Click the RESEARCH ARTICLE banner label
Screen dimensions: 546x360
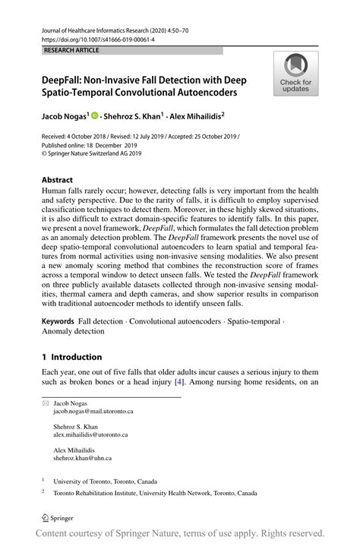point(72,50)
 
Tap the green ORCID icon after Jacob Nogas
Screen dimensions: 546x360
point(96,117)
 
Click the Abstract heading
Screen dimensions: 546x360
point(58,181)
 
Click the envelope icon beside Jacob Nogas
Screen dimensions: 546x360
point(44,403)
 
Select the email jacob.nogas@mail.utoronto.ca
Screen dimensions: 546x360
point(93,411)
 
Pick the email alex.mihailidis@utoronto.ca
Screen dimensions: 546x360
point(90,435)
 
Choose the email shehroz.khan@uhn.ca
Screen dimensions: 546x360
point(82,459)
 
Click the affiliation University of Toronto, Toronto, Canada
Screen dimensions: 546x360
point(105,481)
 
